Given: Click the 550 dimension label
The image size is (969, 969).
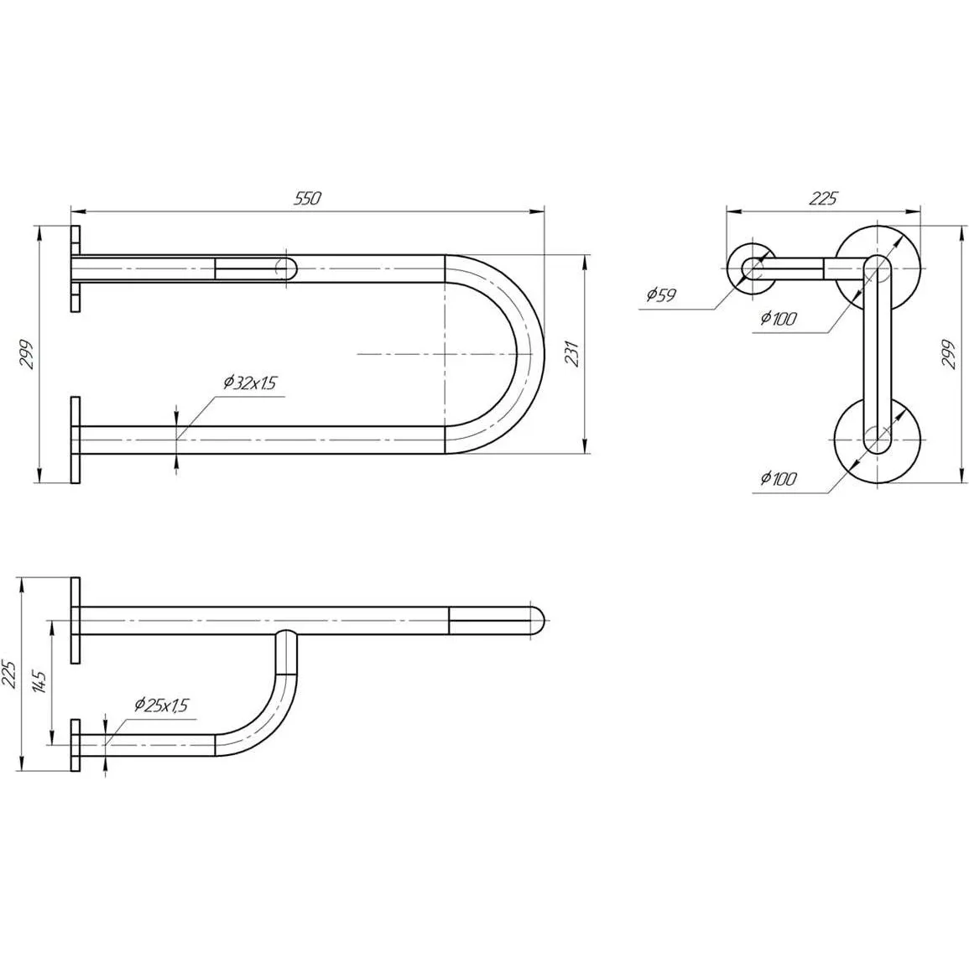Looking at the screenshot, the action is (308, 198).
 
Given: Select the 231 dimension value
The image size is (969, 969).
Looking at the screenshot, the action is (573, 353).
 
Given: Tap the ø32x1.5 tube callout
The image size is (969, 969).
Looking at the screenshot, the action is (249, 383).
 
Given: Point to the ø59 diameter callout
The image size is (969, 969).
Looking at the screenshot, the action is (661, 294).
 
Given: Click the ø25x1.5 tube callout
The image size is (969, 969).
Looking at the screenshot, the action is (161, 705).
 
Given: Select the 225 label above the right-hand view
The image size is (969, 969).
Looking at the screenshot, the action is (822, 198).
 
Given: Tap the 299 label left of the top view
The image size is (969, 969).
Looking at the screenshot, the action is (27, 354).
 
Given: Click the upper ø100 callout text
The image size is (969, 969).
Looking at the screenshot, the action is (778, 318).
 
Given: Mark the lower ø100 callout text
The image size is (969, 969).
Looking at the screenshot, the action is (778, 477).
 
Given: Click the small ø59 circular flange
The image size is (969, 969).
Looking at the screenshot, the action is (752, 268).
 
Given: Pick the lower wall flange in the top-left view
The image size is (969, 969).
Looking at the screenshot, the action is (76, 440).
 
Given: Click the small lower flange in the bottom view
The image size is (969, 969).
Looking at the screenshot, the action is (76, 745).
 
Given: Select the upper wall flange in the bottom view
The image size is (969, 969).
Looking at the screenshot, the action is (76, 620).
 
